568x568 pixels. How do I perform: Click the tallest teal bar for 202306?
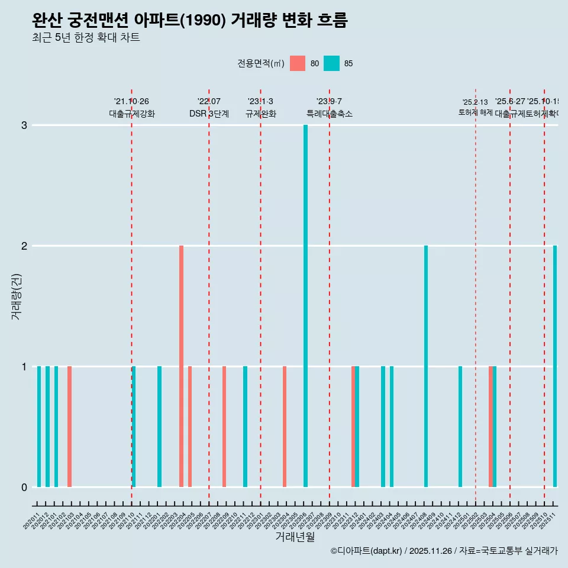pos(305,306)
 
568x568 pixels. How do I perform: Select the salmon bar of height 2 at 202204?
pos(181,366)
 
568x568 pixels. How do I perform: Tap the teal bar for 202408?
pos(426,366)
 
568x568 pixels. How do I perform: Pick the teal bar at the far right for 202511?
pos(555,366)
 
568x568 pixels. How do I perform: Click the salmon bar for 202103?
pos(69,427)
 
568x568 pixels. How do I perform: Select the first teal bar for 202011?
pos(39,427)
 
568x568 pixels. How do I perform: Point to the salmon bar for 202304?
pos(285,427)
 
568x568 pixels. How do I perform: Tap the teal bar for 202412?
pos(460,427)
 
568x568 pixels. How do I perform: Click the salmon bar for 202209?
pos(224,427)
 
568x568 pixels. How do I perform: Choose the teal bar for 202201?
pos(159,427)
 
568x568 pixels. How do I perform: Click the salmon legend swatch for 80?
pos(298,63)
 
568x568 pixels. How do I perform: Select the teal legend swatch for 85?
pos(332,63)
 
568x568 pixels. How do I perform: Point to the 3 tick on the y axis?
pos(24,125)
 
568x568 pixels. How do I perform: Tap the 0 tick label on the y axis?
pos(24,487)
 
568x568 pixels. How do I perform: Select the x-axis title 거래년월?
pos(295,537)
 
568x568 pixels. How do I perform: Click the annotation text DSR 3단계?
pos(209,114)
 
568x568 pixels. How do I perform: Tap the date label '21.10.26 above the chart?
pos(131,101)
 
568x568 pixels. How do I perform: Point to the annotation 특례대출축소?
pos(330,114)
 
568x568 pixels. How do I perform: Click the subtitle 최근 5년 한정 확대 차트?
pos(86,38)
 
